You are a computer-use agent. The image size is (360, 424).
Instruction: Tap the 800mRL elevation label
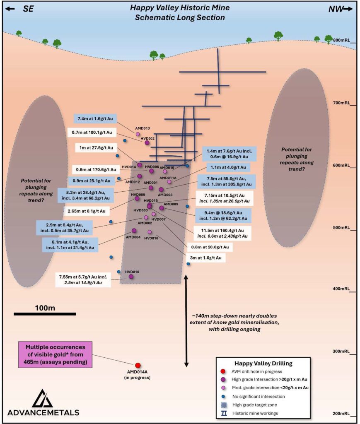(x=342, y=40)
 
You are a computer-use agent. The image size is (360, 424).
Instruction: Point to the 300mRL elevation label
(x=342, y=352)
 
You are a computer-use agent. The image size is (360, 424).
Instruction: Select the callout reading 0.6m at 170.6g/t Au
(x=95, y=169)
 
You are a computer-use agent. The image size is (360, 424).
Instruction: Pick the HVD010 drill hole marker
(x=131, y=277)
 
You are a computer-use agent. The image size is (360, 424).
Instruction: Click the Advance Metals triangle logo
(x=43, y=398)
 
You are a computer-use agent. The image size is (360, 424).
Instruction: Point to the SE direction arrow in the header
(x=17, y=9)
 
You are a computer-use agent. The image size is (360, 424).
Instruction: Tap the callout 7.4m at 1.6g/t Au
(x=95, y=118)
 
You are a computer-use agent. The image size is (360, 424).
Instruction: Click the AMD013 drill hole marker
(x=138, y=134)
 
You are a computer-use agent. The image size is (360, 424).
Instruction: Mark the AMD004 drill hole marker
(x=134, y=231)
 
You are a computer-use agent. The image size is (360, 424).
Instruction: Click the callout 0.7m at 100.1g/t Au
(x=92, y=132)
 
